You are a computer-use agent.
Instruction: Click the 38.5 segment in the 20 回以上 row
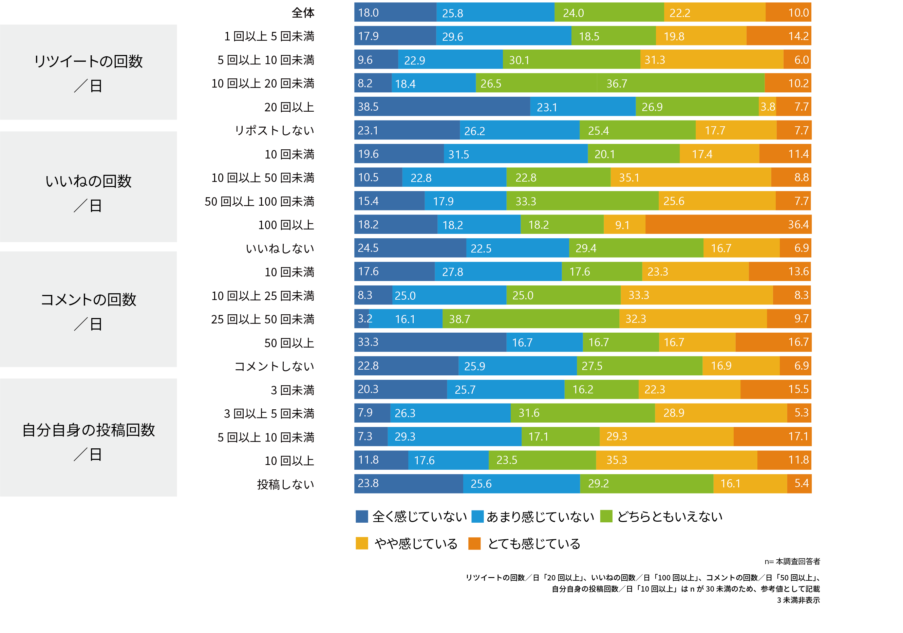pos(442,107)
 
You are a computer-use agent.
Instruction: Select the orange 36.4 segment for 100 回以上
pos(728,224)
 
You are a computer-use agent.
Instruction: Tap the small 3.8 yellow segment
pos(767,107)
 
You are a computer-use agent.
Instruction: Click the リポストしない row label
pos(274,130)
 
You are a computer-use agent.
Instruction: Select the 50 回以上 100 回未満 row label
pos(259,201)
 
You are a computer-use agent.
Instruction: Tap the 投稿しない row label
pos(285,484)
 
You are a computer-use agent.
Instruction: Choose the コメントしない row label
pos(274,366)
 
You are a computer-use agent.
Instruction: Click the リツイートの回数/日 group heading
pos(88,72)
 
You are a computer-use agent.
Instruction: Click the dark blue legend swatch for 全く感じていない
pos(361,516)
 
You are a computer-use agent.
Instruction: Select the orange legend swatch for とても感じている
pos(474,543)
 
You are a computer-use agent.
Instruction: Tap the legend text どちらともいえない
pos(670,516)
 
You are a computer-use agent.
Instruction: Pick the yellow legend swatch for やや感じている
pos(361,543)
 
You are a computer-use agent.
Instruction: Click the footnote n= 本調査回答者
pos(792,561)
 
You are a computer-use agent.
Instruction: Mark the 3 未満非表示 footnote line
pos(798,600)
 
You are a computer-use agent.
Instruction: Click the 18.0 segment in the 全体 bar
pos(395,13)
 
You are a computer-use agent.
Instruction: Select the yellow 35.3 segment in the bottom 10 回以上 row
pos(676,460)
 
